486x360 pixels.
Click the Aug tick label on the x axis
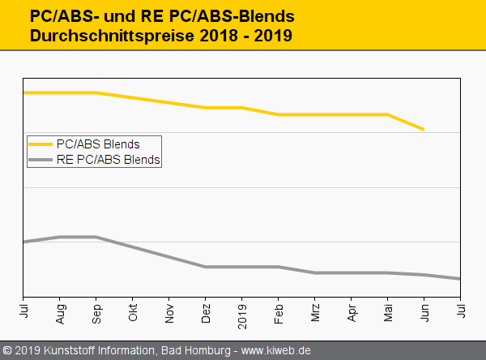coord(60,313)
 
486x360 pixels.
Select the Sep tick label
coord(96,313)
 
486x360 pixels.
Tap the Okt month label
coord(133,312)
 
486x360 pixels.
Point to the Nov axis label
coord(169,313)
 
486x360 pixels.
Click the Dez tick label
coord(206,313)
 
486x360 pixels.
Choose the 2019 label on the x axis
coord(242,315)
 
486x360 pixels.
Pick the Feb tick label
coord(279,313)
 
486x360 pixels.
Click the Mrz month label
coord(315,312)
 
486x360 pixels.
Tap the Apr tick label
coord(352,312)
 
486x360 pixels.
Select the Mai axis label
coord(388,312)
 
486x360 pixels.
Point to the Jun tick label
coord(424,312)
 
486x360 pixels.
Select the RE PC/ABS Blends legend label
coord(109,160)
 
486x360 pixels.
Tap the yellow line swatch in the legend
coord(41,144)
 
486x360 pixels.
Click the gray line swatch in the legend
coord(41,160)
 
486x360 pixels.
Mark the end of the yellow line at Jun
coord(424,129)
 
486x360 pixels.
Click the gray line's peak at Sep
coord(96,237)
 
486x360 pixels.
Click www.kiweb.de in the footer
coord(276,350)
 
